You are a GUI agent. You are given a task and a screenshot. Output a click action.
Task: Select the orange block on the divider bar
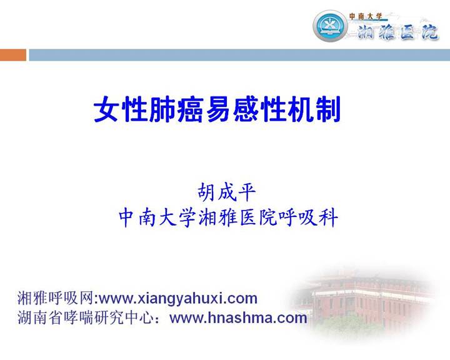(x=13, y=56)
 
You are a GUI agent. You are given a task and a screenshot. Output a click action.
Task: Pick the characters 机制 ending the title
(x=312, y=111)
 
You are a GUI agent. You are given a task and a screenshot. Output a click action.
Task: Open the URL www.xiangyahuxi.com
(x=178, y=298)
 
